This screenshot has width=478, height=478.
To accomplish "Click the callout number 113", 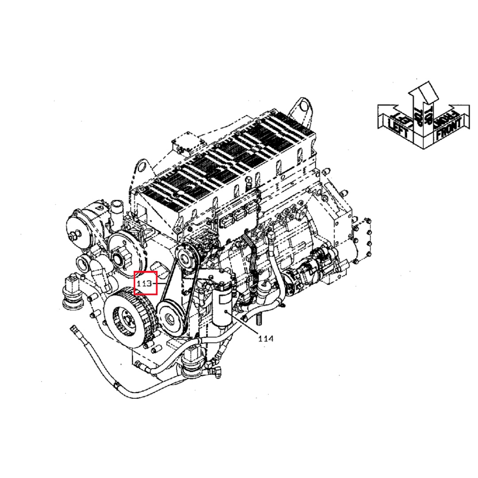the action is pyautogui.click(x=144, y=284).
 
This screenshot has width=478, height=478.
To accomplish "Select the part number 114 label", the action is pyautogui.click(x=266, y=339).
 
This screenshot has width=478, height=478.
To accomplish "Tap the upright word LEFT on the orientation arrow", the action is pyautogui.click(x=397, y=127).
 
